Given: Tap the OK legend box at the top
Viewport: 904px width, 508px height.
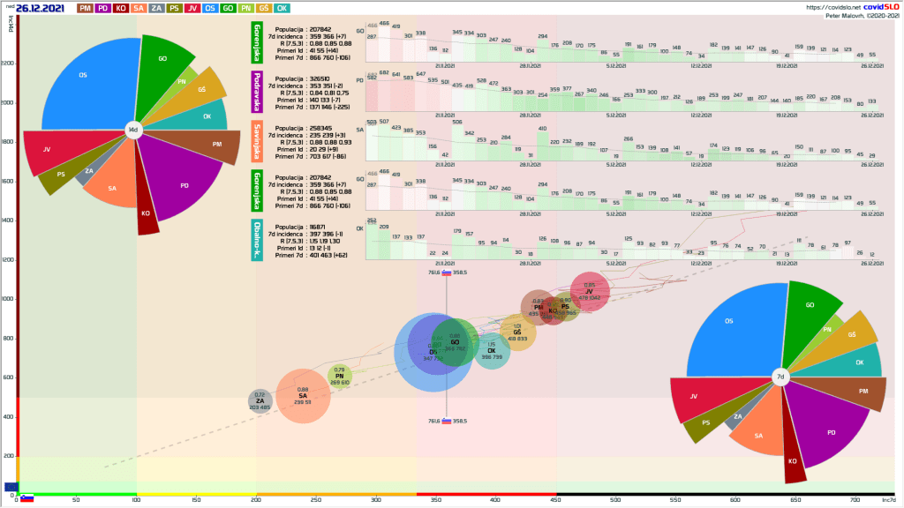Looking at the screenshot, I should pos(282,8).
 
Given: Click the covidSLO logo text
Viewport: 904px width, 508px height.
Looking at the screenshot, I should pos(872,7).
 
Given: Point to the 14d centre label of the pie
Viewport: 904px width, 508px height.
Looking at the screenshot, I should pos(133,130).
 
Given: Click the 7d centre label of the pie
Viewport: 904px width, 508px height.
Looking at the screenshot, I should pos(780,377).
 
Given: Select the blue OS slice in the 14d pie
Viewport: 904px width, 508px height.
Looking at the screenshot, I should pos(84,84).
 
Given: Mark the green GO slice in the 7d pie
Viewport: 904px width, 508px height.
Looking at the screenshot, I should pos(808,309).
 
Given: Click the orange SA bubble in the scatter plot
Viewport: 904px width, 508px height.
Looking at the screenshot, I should pos(303,394).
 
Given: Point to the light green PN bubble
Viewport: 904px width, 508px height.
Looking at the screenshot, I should pos(340,377).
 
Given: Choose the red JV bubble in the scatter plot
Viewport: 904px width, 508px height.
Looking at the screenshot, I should pos(589,290).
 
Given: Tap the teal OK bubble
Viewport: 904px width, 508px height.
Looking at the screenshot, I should pos(492,350).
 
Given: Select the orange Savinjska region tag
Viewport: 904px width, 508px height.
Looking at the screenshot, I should pos(257,142).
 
